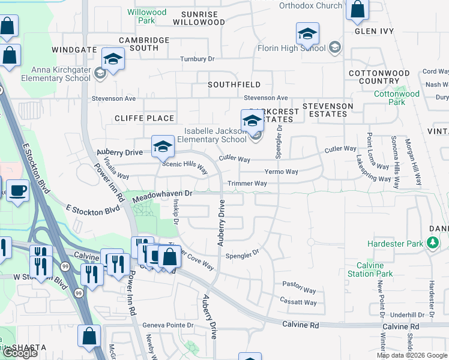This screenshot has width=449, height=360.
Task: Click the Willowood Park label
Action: tap(147, 16)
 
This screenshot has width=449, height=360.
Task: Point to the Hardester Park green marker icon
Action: tap(432, 244)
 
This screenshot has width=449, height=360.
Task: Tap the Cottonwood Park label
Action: tap(397, 98)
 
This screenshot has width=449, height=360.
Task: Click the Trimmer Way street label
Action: tap(247, 184)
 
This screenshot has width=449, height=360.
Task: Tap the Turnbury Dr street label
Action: tap(197, 59)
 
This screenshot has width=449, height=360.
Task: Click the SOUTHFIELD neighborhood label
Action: tap(234, 85)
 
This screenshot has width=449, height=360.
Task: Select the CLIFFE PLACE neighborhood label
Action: tap(145, 118)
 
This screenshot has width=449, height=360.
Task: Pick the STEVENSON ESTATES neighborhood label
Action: tap(327, 110)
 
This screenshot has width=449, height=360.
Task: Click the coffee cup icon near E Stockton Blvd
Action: tap(17, 191)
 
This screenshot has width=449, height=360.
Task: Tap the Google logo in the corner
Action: tap(20, 353)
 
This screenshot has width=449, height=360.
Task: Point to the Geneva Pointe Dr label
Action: tap(169, 325)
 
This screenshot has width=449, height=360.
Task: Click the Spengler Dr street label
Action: tap(242, 255)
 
